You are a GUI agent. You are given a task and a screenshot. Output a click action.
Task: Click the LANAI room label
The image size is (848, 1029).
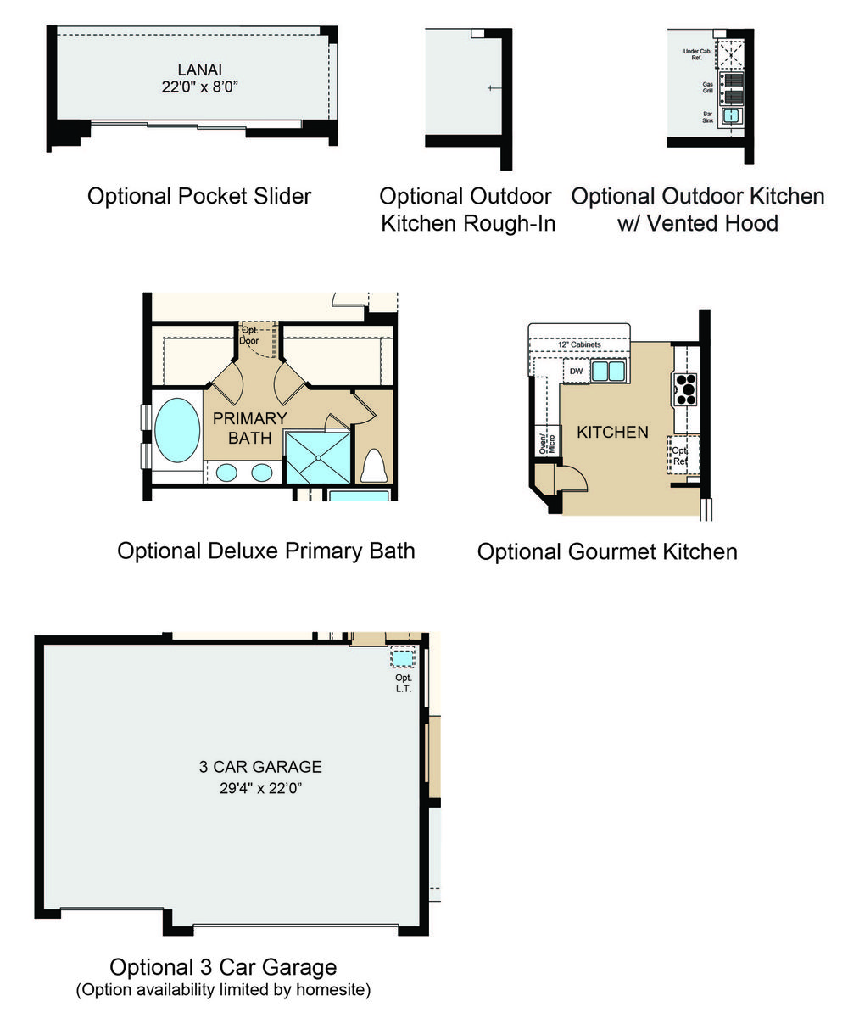click(199, 70)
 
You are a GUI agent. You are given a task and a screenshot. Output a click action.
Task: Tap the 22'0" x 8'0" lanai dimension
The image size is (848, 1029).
click(199, 87)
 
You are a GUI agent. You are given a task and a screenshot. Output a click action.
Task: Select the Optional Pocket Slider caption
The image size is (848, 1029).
click(199, 196)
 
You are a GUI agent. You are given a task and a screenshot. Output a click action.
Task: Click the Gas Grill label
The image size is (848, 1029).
click(707, 87)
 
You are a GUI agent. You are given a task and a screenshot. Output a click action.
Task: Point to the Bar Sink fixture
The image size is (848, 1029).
click(731, 116)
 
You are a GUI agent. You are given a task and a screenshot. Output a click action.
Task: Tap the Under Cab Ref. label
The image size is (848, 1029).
click(696, 54)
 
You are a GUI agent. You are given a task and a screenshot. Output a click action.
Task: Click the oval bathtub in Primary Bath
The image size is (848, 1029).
click(177, 430)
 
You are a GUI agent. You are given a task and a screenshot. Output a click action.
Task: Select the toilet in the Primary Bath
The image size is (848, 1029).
click(373, 466)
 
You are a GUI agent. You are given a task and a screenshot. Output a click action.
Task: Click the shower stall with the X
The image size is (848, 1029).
click(318, 457)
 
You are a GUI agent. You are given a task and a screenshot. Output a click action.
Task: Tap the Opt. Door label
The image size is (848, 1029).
click(249, 335)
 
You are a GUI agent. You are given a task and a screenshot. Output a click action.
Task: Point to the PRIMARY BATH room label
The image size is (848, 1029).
click(250, 428)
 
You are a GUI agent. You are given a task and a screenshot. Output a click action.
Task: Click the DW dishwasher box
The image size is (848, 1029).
click(576, 371)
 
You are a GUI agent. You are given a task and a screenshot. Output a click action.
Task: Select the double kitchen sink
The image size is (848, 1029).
click(608, 371)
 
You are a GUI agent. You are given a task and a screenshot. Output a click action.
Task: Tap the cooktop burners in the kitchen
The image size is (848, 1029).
click(685, 389)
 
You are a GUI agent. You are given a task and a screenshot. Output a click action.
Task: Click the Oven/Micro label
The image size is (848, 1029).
click(547, 444)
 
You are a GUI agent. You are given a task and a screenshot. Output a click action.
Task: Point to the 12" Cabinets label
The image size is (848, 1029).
click(579, 344)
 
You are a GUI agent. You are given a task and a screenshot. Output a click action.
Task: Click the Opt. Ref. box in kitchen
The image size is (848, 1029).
click(683, 456)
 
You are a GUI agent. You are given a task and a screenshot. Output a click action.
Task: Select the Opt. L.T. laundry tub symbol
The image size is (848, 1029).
click(403, 658)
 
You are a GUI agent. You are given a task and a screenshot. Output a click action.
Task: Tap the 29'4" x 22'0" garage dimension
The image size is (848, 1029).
click(260, 788)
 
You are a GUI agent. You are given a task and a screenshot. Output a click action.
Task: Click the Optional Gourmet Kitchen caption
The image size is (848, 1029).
click(607, 552)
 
